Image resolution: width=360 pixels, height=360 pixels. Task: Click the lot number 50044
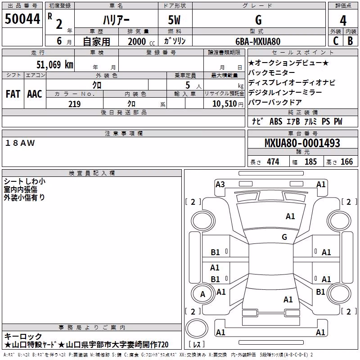(22, 19)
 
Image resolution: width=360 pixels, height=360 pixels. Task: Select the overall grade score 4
(343, 21)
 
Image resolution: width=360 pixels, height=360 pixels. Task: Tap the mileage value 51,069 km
(55, 64)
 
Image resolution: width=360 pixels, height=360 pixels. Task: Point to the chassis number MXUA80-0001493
(302, 143)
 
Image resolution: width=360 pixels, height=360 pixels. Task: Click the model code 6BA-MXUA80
(258, 41)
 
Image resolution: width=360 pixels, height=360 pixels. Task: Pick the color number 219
(74, 104)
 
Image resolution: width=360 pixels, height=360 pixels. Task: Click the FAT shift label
(13, 94)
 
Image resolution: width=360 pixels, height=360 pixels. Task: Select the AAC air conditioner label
(35, 94)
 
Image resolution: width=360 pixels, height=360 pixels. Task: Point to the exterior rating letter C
(336, 41)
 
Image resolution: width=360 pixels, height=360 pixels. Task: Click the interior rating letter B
(350, 41)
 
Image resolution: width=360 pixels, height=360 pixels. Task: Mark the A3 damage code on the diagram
(220, 184)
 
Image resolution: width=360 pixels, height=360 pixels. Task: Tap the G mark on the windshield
(284, 237)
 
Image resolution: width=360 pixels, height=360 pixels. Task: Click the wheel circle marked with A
(203, 294)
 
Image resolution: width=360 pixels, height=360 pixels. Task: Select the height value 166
(346, 162)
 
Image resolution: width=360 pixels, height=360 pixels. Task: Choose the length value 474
(273, 162)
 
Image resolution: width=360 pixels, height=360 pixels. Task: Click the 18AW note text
(20, 143)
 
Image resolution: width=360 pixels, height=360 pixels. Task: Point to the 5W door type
(174, 20)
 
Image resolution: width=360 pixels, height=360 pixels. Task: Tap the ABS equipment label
(276, 121)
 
